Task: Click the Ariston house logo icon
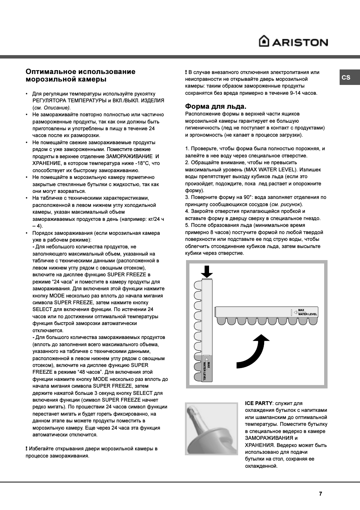tap(264, 41)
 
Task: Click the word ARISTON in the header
tap(300, 42)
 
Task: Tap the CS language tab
tap(346, 77)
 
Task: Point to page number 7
tap(320, 493)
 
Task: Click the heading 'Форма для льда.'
tap(215, 106)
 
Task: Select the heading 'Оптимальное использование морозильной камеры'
tap(80, 75)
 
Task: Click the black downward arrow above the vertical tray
tap(206, 271)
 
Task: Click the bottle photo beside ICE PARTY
tap(211, 429)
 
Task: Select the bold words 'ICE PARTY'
tap(258, 403)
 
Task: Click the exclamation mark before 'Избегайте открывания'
tap(26, 448)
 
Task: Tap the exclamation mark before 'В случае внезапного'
tap(186, 72)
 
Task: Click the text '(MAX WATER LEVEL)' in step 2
tap(271, 169)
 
